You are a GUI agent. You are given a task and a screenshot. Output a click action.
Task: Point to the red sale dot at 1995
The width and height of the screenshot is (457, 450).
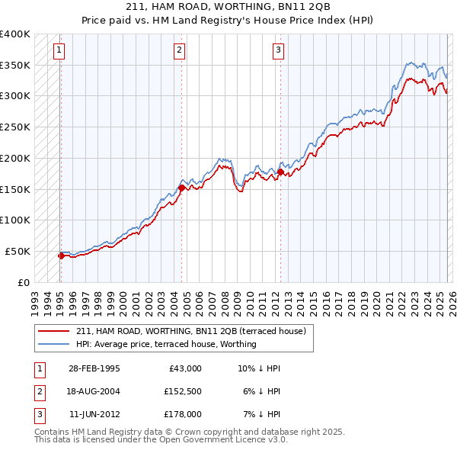click(x=61, y=256)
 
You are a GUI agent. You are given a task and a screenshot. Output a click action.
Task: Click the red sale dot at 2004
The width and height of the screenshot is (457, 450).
click(x=181, y=187)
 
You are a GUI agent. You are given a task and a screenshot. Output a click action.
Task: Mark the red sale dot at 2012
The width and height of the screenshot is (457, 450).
click(x=280, y=172)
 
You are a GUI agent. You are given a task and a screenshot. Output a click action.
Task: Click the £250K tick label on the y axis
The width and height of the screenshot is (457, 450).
click(x=15, y=127)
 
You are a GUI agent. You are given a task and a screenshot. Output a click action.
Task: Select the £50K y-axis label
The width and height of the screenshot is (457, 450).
click(x=18, y=251)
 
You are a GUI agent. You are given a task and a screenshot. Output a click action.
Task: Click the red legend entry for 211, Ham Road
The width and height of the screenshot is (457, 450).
click(x=190, y=331)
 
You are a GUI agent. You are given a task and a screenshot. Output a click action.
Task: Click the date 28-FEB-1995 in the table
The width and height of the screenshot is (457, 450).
click(x=94, y=368)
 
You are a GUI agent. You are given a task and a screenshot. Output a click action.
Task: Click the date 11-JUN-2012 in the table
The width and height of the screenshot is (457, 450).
click(x=94, y=414)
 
